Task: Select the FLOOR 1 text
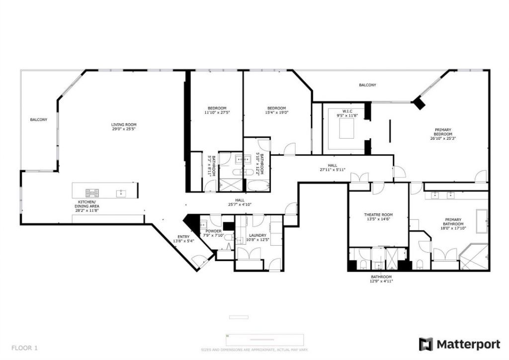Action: pyautogui.click(x=24, y=348)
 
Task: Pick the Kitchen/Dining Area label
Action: pyautogui.click(x=87, y=206)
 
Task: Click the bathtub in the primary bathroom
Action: pyautogui.click(x=482, y=221)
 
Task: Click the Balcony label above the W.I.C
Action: pyautogui.click(x=367, y=85)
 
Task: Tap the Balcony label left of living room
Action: pyautogui.click(x=38, y=119)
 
